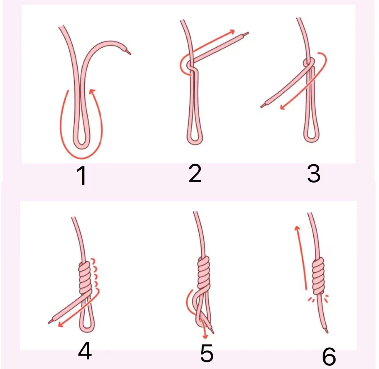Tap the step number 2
coord(195,173)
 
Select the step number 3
coord(314,173)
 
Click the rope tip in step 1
coord(128,52)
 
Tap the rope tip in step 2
coord(246,33)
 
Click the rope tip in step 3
coord(263,106)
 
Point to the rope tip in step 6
coord(327,331)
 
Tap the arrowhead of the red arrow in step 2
coord(232,31)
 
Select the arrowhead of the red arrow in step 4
coord(61,325)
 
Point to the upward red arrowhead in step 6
coord(297,228)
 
